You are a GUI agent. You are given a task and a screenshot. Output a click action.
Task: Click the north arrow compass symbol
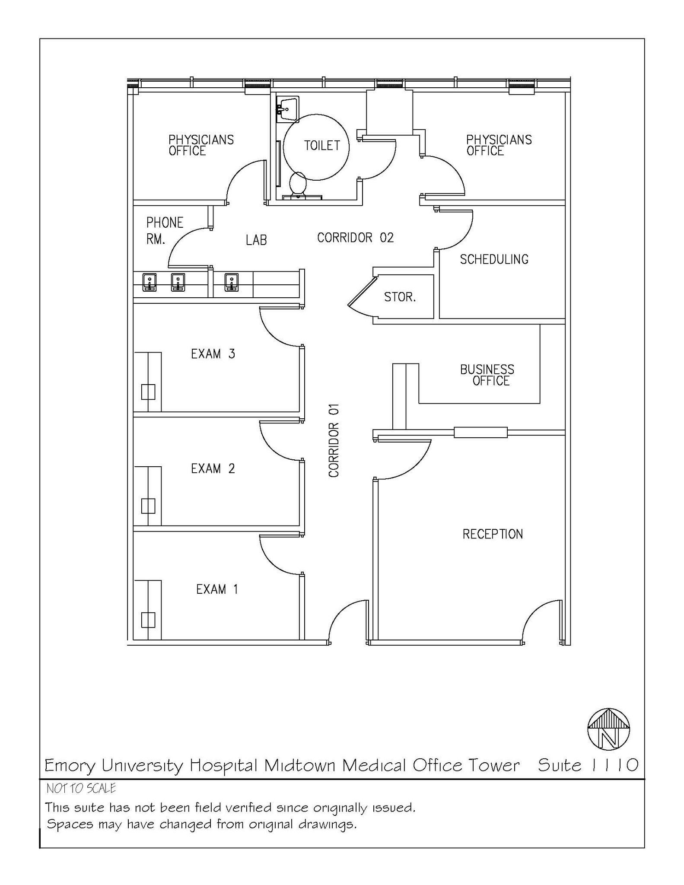(608, 729)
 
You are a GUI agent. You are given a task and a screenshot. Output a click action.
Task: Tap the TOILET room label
(322, 146)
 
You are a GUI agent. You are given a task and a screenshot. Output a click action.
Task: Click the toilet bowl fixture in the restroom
(297, 184)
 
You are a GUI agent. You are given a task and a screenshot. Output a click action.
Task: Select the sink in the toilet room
(287, 109)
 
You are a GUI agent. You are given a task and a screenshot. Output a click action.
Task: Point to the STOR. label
(400, 297)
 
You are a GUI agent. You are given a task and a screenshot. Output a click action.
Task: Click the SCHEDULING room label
(494, 259)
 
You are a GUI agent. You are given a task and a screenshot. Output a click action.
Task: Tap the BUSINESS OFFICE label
(487, 375)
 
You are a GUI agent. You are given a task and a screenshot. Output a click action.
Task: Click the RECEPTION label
(493, 534)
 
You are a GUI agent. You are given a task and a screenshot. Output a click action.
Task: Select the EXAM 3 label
(213, 354)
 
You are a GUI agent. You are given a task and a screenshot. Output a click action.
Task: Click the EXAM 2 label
(213, 468)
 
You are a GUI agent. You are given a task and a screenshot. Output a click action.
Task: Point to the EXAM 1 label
(217, 589)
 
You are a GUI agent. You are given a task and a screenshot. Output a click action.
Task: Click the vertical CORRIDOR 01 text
(334, 441)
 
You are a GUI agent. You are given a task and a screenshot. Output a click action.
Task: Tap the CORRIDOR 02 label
(355, 238)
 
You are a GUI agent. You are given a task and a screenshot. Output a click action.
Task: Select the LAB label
(256, 240)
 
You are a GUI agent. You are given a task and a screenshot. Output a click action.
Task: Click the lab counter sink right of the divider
(232, 282)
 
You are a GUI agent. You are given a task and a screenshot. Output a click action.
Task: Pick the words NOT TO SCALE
(81, 789)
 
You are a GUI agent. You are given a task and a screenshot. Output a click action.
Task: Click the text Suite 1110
(588, 765)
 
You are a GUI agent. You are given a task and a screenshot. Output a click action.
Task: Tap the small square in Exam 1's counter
(148, 620)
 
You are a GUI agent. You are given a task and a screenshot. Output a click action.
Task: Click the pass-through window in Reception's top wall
(480, 432)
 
